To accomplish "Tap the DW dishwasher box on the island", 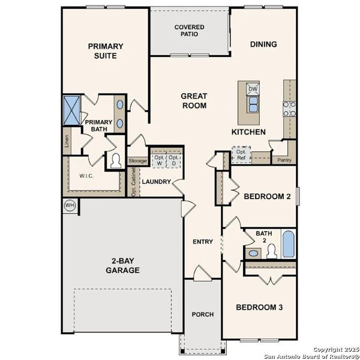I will pyautogui.click(x=253, y=89).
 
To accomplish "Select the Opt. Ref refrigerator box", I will pyautogui.click(x=241, y=155).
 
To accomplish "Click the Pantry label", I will pyautogui.click(x=281, y=160).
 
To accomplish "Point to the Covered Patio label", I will pyautogui.click(x=189, y=31).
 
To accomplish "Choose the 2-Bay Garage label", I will pyautogui.click(x=125, y=266).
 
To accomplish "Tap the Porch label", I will pyautogui.click(x=203, y=314).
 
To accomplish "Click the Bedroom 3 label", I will pyautogui.click(x=259, y=307).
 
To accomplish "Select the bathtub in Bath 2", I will pyautogui.click(x=288, y=244).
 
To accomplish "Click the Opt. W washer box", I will pyautogui.click(x=159, y=160).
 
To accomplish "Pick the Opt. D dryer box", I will pyautogui.click(x=174, y=160).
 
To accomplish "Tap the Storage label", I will pyautogui.click(x=137, y=161).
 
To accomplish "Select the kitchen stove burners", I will pyautogui.click(x=289, y=108).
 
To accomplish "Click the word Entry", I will pyautogui.click(x=203, y=242).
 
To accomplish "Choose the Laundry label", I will pyautogui.click(x=157, y=182).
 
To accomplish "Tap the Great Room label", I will pyautogui.click(x=194, y=101).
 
